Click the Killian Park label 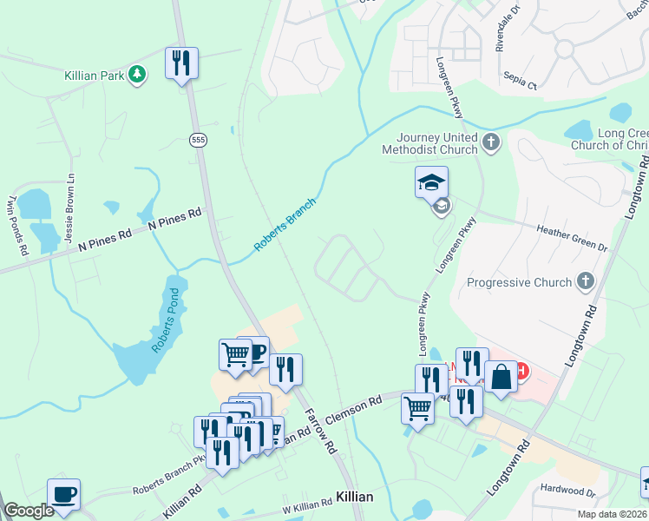tap(94, 76)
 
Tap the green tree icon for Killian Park tap(136, 76)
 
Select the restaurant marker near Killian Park tap(182, 63)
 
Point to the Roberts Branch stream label tap(285, 225)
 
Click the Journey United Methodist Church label tap(437, 143)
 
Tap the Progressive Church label tap(519, 282)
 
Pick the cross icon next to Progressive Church tap(587, 281)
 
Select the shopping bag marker tap(501, 379)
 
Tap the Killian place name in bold tap(354, 497)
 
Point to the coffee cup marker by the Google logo tap(63, 495)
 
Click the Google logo tap(29, 511)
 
